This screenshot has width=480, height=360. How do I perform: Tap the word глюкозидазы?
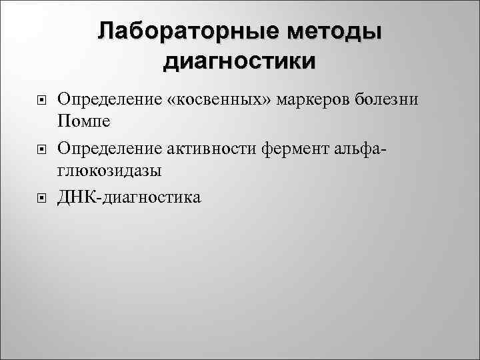tap(109, 172)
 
